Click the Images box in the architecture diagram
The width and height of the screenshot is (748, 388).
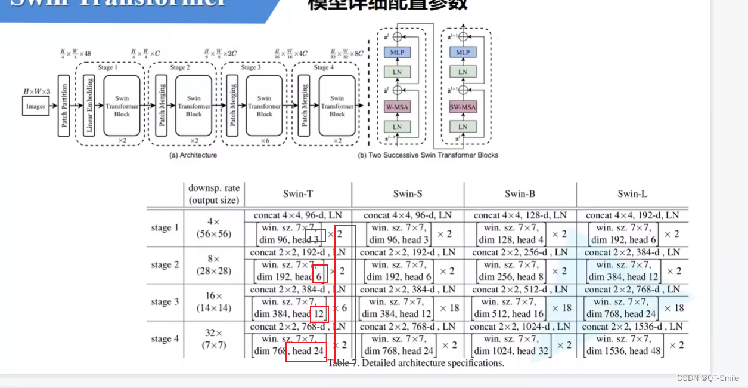(x=36, y=107)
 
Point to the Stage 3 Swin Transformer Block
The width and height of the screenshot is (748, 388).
(x=264, y=106)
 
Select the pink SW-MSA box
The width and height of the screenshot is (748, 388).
(x=463, y=107)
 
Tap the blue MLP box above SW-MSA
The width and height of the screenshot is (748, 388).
(x=463, y=53)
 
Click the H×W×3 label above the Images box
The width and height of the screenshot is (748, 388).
(x=37, y=91)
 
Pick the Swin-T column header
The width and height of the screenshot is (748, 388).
(x=298, y=193)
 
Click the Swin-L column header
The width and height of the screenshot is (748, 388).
(x=633, y=193)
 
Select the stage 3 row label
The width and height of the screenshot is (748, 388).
(x=165, y=302)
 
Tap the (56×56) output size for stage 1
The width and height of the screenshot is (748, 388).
(x=213, y=234)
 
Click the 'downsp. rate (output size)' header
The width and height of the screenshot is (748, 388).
(x=213, y=194)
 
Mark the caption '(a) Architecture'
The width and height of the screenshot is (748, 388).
(x=193, y=155)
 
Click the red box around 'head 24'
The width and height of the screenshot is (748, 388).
(x=306, y=352)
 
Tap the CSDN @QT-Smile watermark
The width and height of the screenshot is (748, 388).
(x=708, y=378)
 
